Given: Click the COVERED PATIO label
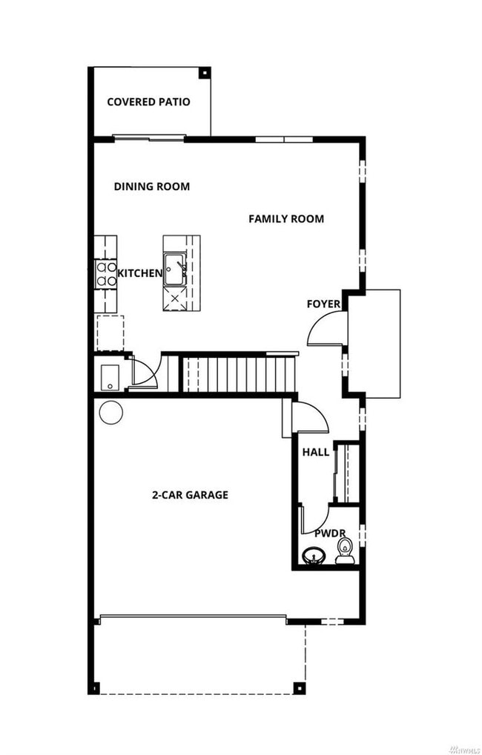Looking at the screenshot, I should [x=148, y=102].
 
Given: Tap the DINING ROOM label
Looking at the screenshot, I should [x=151, y=186].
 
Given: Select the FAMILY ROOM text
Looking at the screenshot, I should [x=285, y=218].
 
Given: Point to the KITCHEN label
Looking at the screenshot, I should [x=139, y=273].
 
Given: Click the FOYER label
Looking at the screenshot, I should [x=323, y=304].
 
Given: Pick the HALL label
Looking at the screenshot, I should [x=315, y=452].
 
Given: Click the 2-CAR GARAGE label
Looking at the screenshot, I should [x=190, y=494].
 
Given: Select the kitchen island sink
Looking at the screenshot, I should [x=176, y=268].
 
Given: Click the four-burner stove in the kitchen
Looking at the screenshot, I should [x=106, y=274].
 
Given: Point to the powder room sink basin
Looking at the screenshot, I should [x=313, y=555].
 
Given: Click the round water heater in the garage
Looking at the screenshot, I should [x=110, y=411].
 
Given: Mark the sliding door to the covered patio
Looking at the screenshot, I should [x=149, y=137].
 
